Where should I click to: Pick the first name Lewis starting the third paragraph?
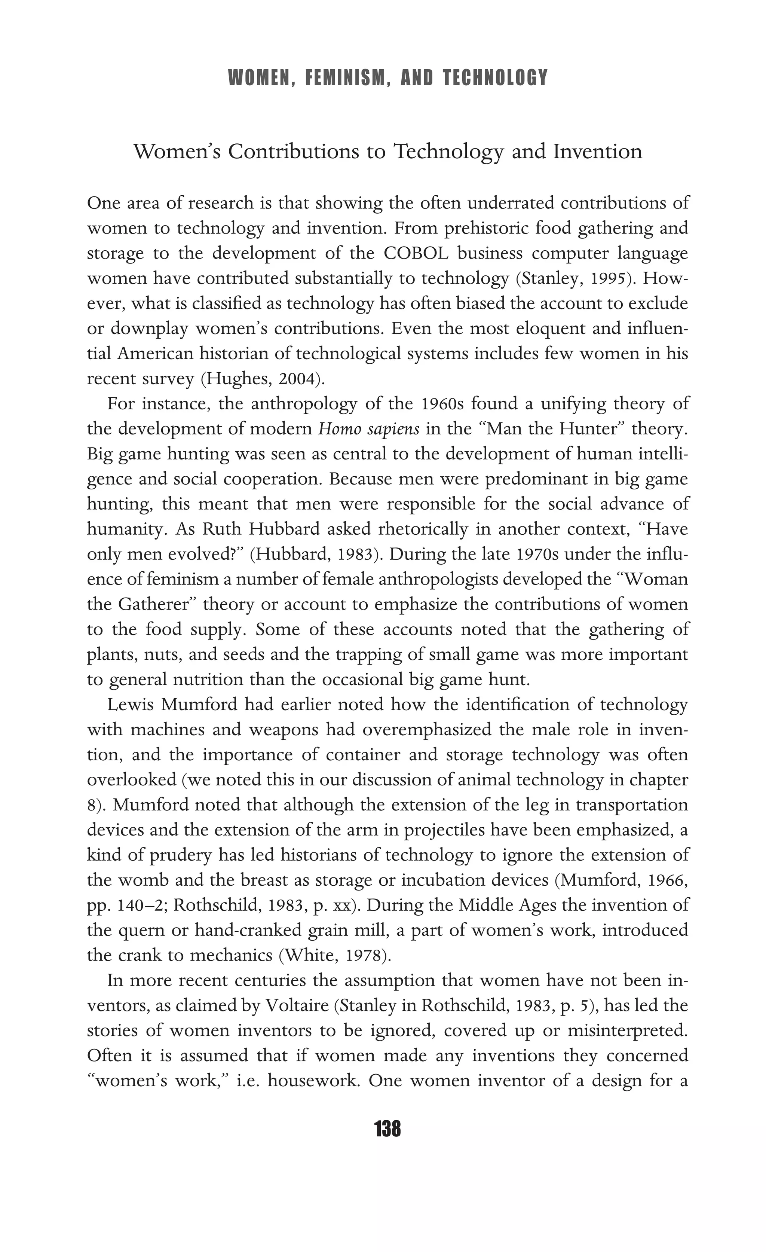click(129, 705)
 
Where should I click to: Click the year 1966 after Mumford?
click(667, 880)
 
